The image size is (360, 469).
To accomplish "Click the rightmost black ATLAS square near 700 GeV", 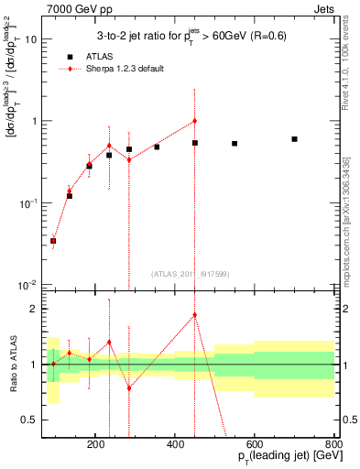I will click(x=294, y=139).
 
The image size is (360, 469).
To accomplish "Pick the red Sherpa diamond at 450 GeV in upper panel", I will click(x=195, y=121).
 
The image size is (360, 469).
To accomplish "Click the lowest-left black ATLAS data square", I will click(x=53, y=241).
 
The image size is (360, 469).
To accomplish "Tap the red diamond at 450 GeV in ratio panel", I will click(x=195, y=315).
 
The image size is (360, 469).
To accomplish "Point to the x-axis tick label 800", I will click(x=333, y=444).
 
